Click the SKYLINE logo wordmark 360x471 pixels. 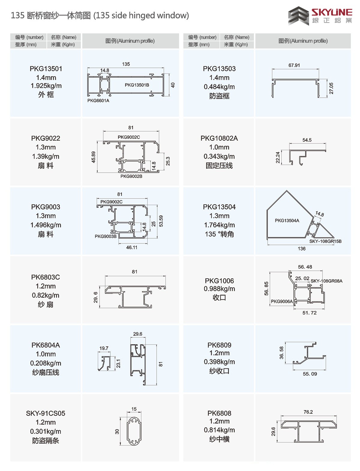click(x=332, y=12)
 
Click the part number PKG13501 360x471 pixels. click(x=46, y=69)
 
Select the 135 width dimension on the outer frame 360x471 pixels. click(x=126, y=64)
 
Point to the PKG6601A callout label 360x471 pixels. click(x=98, y=100)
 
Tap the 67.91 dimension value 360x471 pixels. click(x=294, y=65)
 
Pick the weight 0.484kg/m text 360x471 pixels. click(x=219, y=87)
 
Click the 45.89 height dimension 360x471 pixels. click(x=93, y=157)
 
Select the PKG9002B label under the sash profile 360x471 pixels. click(x=131, y=176)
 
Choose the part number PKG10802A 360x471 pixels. click(x=219, y=138)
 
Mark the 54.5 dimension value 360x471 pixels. click(x=307, y=140)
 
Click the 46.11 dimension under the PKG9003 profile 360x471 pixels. click(x=132, y=247)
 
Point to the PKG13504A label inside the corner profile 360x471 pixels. click(x=287, y=220)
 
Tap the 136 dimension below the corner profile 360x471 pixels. click(x=301, y=249)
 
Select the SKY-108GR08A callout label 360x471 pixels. click(x=326, y=281)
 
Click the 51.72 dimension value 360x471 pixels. click(x=309, y=313)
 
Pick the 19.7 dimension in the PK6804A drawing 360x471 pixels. click(x=104, y=348)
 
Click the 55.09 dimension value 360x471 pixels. click(x=310, y=374)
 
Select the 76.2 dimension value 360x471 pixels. click(x=308, y=412)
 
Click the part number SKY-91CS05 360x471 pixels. click(x=46, y=413)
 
